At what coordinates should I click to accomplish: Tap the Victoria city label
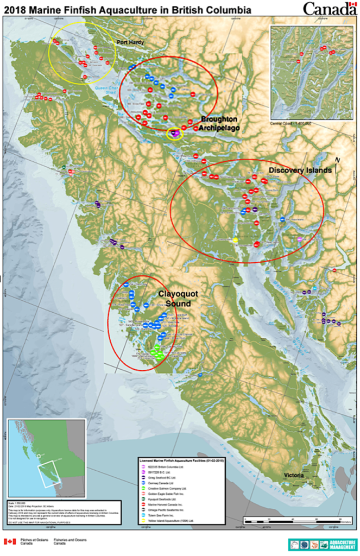click(296, 475)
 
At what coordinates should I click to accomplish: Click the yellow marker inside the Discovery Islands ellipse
click(235, 240)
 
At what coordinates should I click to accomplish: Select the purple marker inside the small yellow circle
click(174, 132)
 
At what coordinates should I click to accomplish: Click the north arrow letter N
click(337, 159)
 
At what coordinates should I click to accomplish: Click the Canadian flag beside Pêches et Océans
click(10, 542)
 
